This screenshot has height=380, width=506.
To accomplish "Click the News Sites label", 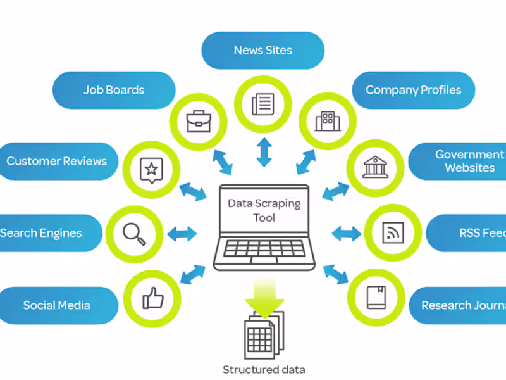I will (x=263, y=50).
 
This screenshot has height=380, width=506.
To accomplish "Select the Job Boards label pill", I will (x=114, y=90).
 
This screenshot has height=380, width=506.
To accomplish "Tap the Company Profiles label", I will (x=413, y=90).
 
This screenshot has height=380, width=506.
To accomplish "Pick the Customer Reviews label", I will (x=57, y=161).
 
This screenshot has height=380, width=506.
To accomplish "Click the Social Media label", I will (x=57, y=305).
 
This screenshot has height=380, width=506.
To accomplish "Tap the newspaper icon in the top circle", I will (x=263, y=103).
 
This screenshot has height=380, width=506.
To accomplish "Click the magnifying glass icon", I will (x=134, y=233).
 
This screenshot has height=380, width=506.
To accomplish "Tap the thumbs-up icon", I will (x=152, y=297).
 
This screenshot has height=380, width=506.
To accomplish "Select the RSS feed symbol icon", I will (x=393, y=233).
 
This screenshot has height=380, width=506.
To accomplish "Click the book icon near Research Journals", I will (x=376, y=297).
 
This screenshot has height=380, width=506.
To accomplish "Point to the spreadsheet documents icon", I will (x=263, y=336).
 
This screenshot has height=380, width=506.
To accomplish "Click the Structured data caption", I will (x=263, y=369).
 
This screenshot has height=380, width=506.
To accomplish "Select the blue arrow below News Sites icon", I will (x=264, y=151).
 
